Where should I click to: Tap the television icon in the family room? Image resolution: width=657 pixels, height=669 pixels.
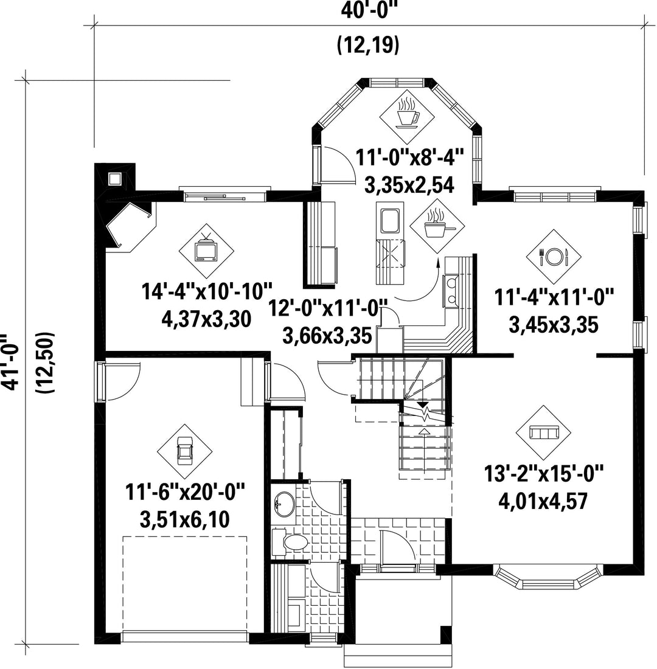207,251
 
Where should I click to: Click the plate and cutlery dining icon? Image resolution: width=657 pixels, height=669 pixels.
554,257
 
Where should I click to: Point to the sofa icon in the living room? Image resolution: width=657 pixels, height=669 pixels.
543,432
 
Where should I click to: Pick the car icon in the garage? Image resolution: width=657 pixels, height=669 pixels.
185,452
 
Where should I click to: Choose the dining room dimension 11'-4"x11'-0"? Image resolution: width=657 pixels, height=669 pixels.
554,297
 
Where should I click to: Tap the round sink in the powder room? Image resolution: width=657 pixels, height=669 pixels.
284,504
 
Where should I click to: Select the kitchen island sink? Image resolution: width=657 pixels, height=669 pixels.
390,221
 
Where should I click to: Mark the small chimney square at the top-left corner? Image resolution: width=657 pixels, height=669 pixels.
114,179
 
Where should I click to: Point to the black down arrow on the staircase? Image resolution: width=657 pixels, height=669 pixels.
423,404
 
